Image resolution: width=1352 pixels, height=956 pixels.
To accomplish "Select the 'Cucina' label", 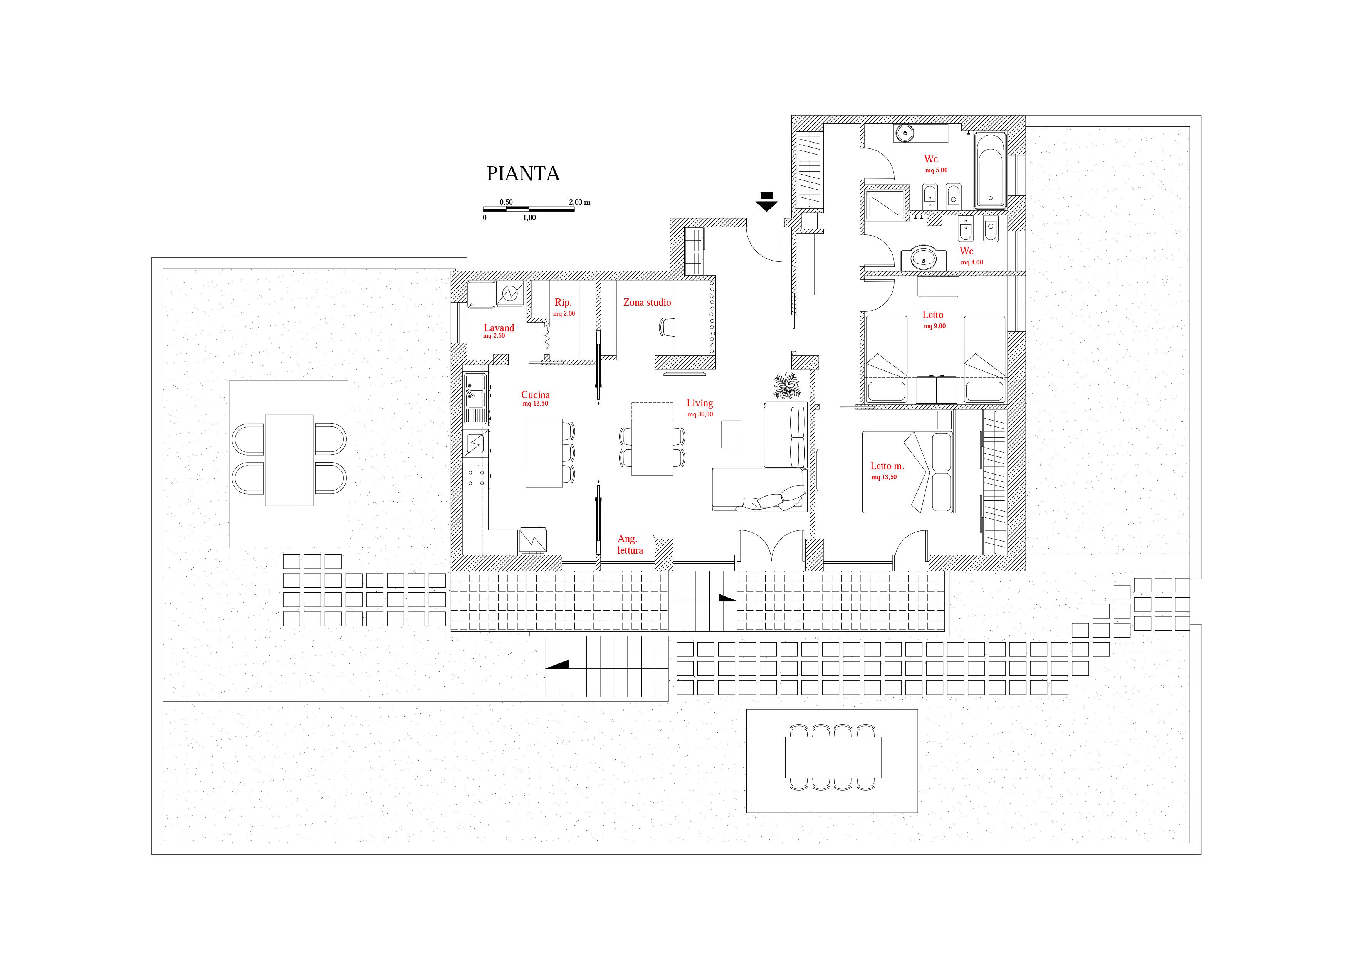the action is pyautogui.click(x=535, y=395).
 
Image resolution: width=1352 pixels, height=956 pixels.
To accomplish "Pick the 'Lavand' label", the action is pyautogui.click(x=499, y=328).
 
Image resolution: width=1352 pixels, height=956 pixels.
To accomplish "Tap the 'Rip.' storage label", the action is pyautogui.click(x=563, y=303).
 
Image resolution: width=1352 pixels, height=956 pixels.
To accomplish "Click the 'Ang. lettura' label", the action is pyautogui.click(x=629, y=545).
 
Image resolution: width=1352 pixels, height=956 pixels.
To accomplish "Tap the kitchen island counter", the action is pyautogui.click(x=544, y=453).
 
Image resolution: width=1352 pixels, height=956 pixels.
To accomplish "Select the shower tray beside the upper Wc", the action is pyautogui.click(x=885, y=203).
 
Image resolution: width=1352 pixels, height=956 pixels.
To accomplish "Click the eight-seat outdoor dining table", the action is pyautogui.click(x=833, y=757).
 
